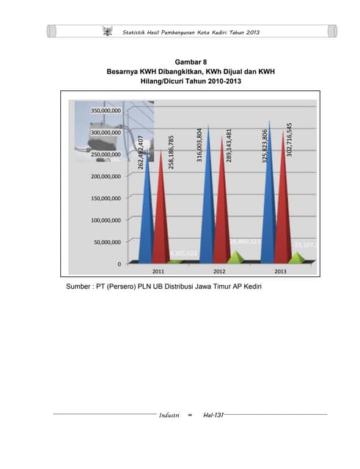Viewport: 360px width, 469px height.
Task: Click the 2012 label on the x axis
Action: click(219, 270)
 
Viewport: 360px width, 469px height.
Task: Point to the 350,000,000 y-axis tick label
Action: click(106, 110)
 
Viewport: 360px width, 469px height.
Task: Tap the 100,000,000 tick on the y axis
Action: click(106, 220)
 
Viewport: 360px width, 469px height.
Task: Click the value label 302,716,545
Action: click(290, 139)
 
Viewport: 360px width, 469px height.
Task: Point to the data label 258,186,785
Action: click(172, 152)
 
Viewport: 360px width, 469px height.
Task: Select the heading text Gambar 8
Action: click(180, 62)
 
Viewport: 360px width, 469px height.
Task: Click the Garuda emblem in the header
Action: click(107, 32)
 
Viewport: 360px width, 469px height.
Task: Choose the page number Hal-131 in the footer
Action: click(212, 416)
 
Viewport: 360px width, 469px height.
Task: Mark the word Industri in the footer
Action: click(169, 416)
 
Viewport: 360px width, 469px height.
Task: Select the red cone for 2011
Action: click(162, 213)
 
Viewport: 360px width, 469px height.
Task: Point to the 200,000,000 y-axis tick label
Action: click(106, 176)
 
